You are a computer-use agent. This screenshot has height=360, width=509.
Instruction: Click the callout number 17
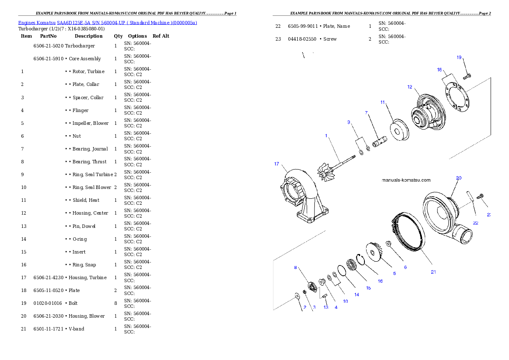pyautogui.click(x=276, y=164)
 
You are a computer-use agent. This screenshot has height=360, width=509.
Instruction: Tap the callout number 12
pyautogui.click(x=410, y=87)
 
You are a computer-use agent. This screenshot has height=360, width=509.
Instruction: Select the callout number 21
pyautogui.click(x=433, y=272)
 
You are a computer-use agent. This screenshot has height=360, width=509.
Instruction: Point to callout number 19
pyautogui.click(x=459, y=57)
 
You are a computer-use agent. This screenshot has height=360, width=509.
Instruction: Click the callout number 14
pyautogui.click(x=356, y=295)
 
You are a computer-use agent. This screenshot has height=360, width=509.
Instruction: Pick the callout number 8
pyautogui.click(x=295, y=268)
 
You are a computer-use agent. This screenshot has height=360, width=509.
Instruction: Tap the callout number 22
pyautogui.click(x=475, y=223)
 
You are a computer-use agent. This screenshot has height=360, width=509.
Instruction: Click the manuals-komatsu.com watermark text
pyautogui.click(x=406, y=180)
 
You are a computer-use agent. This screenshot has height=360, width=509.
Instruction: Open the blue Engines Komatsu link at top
pyautogui.click(x=107, y=23)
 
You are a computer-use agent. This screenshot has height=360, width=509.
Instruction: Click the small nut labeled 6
pyautogui.click(x=389, y=243)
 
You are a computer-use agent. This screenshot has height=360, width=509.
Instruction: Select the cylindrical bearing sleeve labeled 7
pyautogui.click(x=379, y=142)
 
